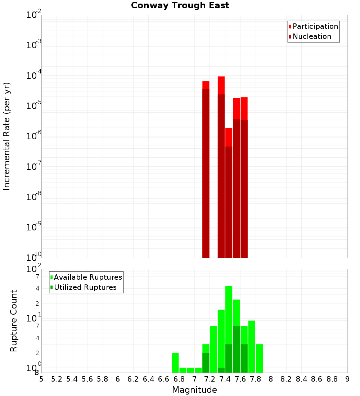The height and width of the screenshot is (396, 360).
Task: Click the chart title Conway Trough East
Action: point(180,5)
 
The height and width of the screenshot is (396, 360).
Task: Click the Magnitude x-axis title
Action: point(194,390)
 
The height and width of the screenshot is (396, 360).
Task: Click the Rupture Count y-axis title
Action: point(14,321)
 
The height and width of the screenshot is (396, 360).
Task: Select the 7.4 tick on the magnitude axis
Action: point(225,379)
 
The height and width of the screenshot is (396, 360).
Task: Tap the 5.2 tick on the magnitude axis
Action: point(57,379)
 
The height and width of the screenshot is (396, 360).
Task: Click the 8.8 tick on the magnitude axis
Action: point(332,379)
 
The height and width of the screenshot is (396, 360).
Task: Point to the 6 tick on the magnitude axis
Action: point(118,379)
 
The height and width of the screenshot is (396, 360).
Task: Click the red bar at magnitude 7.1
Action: point(206,169)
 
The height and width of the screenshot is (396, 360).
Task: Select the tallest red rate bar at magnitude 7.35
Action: point(221,166)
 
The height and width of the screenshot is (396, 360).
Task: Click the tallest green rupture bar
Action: point(229,324)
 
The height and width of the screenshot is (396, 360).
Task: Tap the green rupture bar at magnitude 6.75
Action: point(175,363)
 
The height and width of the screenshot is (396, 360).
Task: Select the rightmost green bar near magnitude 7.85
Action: point(259,358)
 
